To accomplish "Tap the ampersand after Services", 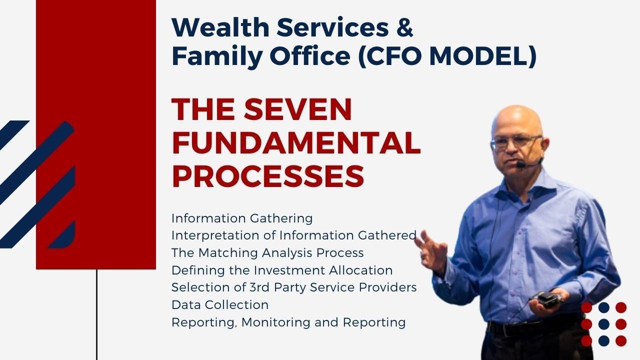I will point(404,28).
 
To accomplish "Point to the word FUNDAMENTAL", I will point(296,143).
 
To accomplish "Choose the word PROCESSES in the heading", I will point(267,176).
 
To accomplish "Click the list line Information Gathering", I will point(242,218).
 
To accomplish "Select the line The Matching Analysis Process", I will point(267,253).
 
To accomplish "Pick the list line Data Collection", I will point(220,304).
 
